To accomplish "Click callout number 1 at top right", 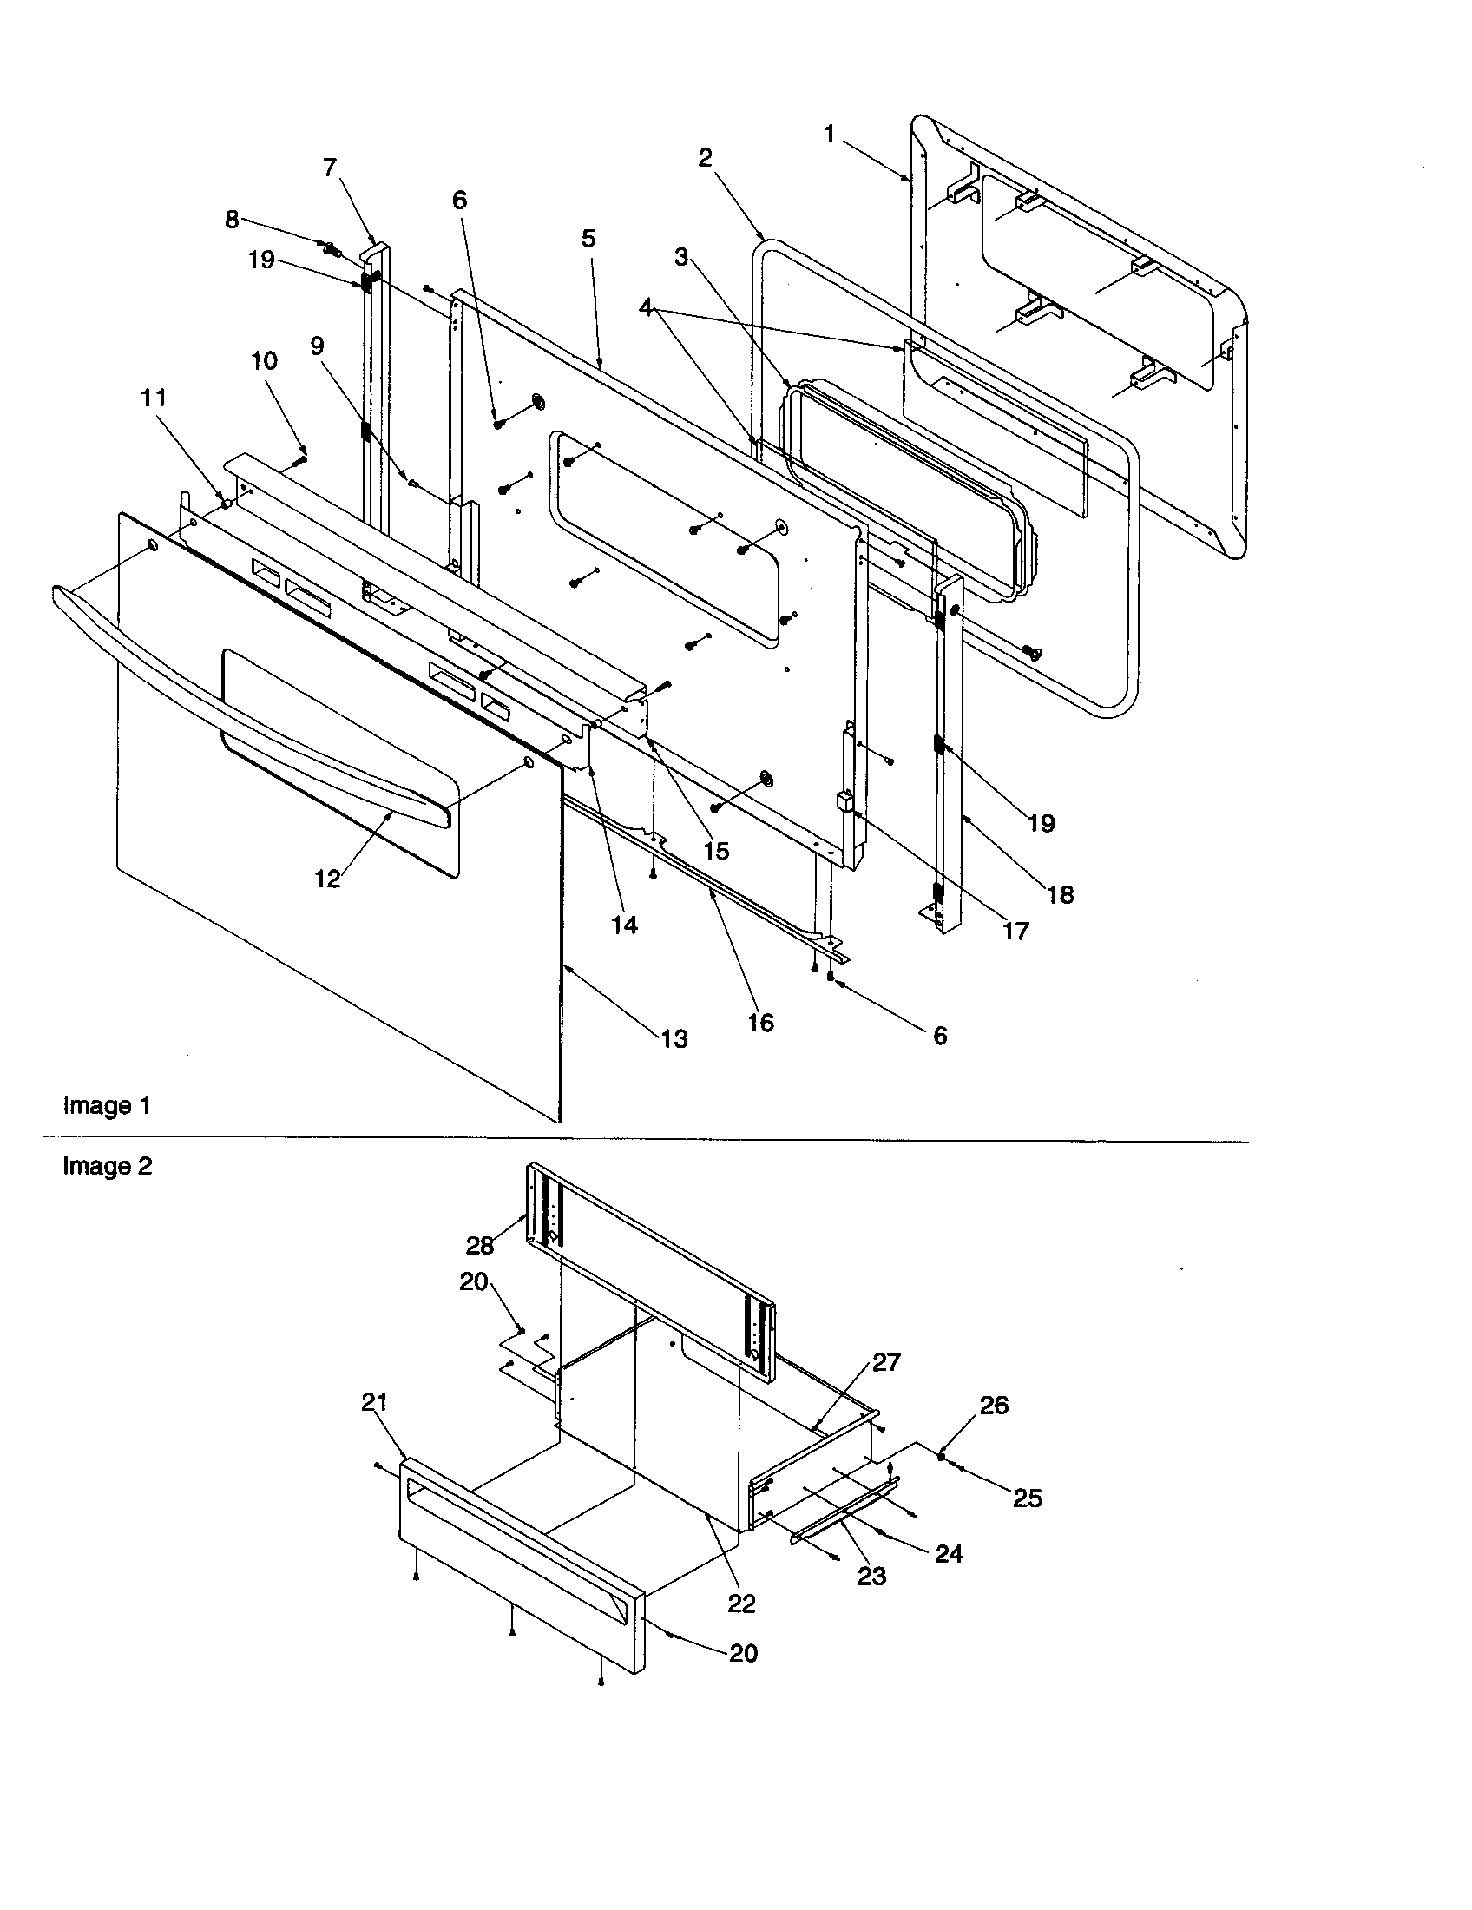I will pos(829,134).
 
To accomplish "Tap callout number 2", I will pos(705,158).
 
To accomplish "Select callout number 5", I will pos(588,238).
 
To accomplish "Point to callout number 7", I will pos(330,167).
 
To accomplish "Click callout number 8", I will pos(232,219).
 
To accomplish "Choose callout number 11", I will pos(153,398).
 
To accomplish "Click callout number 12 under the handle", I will pos(327,879).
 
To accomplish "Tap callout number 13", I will pos(674,1039).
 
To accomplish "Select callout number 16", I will pos(760,1023).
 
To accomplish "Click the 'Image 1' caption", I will pos(107,1106).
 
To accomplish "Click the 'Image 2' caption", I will pos(107,1167).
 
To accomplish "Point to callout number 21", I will pos(374,1402).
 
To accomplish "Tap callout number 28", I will pos(480,1245).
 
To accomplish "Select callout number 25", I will pos(1027,1498).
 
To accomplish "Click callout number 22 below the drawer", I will pos(741,1603).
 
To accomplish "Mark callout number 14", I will pos(624,925).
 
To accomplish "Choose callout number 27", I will pos(885,1362).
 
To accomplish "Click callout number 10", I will pos(264,361).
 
